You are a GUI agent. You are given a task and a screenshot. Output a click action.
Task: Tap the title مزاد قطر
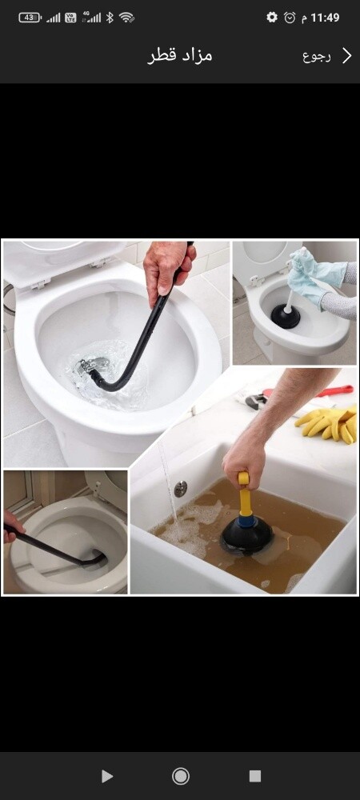[x=180, y=56]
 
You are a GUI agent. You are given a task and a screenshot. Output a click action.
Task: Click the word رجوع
[x=317, y=56]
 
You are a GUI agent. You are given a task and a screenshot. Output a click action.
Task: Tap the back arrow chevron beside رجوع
[x=346, y=56]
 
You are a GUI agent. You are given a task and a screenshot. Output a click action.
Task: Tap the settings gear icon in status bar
[x=272, y=18]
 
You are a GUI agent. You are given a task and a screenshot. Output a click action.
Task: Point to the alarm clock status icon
[x=290, y=18]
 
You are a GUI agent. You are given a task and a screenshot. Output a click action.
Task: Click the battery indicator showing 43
[x=30, y=18]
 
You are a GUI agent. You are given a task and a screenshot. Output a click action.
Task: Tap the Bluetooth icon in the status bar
[x=109, y=18]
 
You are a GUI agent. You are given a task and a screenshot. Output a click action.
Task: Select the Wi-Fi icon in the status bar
[x=126, y=18]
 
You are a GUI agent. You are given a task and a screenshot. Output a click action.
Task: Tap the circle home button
[x=181, y=776]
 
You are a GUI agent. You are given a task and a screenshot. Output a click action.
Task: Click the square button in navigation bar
[x=255, y=776]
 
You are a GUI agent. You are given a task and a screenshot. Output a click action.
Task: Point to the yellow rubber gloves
[x=328, y=422]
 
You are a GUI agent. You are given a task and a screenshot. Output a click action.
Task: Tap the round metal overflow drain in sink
[x=181, y=488]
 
